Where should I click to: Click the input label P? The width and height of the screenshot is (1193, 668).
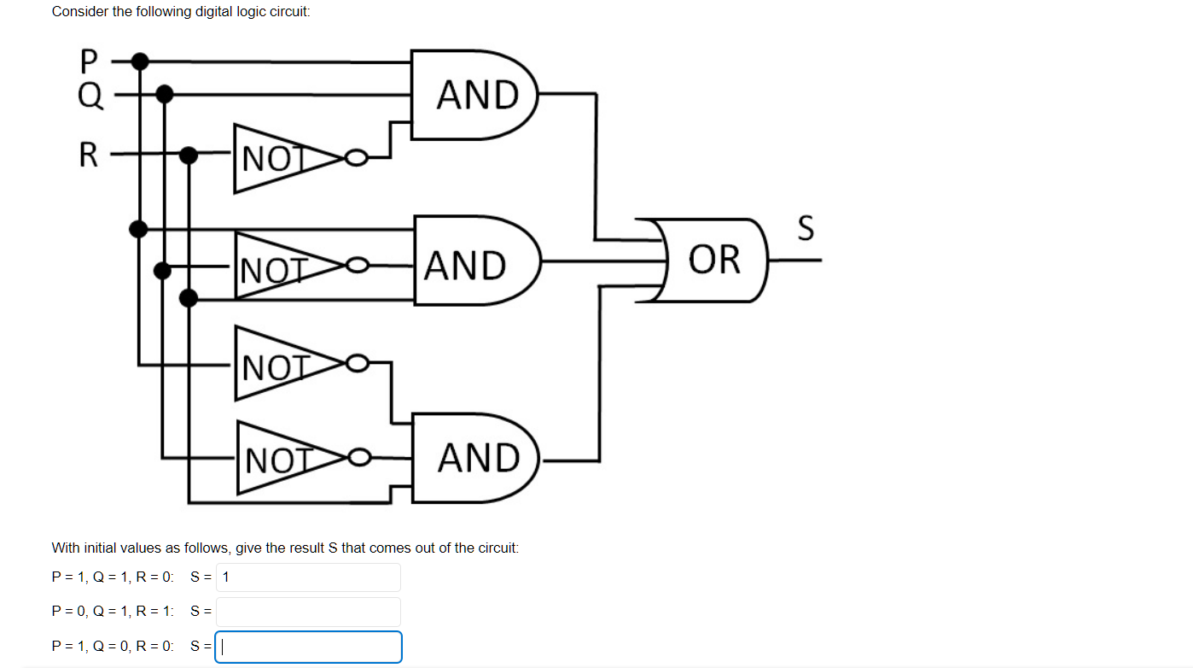tap(89, 62)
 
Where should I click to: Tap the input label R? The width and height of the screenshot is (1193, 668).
tap(89, 155)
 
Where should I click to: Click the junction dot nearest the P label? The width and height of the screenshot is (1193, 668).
tap(140, 62)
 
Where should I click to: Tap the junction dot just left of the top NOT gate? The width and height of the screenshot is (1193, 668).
tap(189, 155)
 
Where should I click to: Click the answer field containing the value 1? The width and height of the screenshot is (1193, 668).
tap(308, 577)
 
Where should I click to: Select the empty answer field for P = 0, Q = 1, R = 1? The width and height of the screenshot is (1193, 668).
tap(308, 612)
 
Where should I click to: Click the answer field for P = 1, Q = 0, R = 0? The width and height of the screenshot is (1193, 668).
tap(308, 647)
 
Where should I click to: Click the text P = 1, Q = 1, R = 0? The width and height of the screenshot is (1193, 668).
tap(113, 577)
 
